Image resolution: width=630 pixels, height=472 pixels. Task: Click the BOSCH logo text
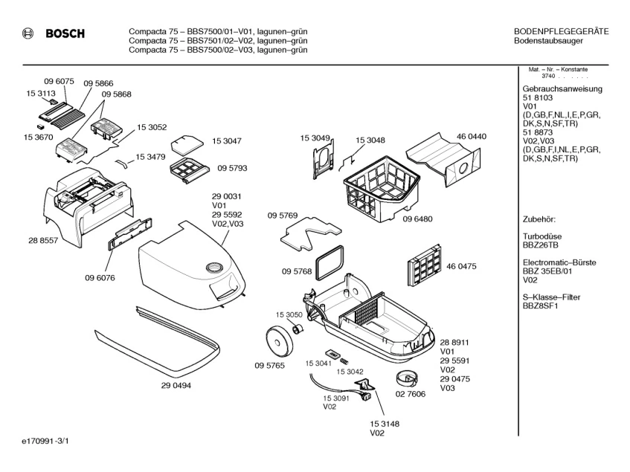point(65,33)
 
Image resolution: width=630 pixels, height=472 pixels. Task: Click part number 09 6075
point(59,80)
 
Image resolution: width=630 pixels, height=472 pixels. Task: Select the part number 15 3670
point(38,138)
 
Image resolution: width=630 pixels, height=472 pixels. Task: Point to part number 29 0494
point(176,385)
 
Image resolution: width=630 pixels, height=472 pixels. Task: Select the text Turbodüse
point(544,236)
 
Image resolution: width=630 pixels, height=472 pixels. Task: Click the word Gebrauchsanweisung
point(562,89)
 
